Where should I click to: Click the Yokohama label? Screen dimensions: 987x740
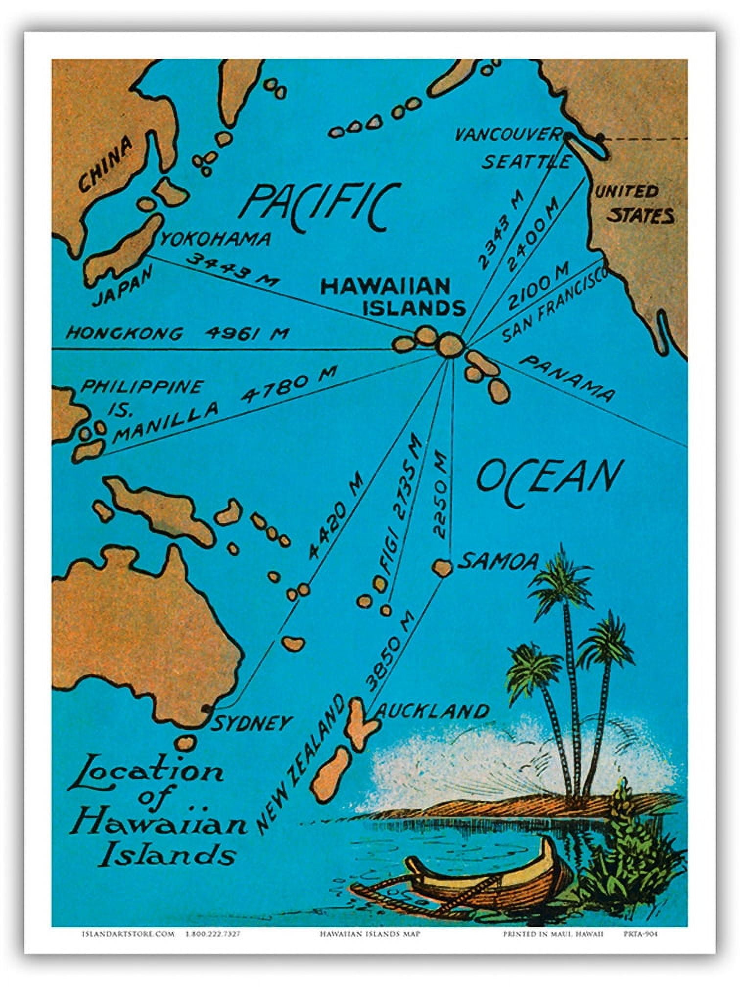click(x=215, y=238)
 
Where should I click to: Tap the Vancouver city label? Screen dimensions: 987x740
click(x=508, y=134)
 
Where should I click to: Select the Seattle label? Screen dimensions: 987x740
click(x=526, y=162)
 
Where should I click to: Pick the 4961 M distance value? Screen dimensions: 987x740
click(x=246, y=333)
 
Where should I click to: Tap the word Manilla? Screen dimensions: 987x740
click(x=166, y=423)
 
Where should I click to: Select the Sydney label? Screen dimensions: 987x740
click(x=251, y=723)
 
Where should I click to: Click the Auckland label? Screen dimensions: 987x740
click(x=433, y=711)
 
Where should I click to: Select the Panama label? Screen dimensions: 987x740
click(x=566, y=378)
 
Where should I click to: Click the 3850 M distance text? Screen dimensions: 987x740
click(x=390, y=651)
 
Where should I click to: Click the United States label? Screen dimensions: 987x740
click(x=634, y=203)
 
